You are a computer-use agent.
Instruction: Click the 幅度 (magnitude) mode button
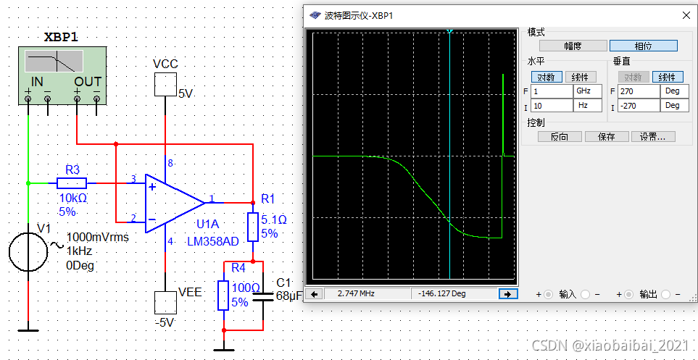coord(573,46)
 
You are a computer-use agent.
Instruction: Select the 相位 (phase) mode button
coord(643,46)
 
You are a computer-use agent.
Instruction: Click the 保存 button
coord(606,136)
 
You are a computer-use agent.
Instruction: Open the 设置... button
coord(654,136)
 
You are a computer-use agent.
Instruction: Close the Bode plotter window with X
coord(686,15)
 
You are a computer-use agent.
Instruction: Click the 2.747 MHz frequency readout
coord(356,293)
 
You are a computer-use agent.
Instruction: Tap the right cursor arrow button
coord(507,293)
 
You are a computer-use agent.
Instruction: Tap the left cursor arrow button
coord(315,293)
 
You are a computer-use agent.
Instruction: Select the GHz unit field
coord(587,91)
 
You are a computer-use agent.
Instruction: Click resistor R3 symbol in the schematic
coord(72,183)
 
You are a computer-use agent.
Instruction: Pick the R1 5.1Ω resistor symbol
coord(252,227)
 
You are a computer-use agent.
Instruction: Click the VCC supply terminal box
coord(165,86)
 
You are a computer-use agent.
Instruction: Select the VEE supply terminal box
coord(165,301)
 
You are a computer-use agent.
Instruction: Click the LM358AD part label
coord(212,241)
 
